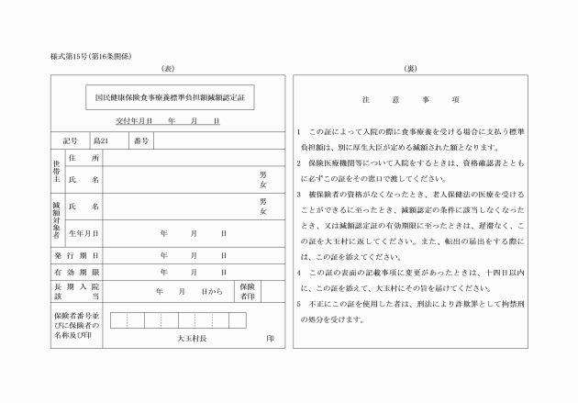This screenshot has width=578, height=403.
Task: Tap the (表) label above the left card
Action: point(167,69)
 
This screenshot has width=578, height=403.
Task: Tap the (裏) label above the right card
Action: point(410,69)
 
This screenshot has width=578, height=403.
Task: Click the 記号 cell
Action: point(72,140)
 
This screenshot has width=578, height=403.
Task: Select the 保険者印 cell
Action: point(248,291)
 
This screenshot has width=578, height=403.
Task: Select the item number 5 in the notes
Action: point(299,304)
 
